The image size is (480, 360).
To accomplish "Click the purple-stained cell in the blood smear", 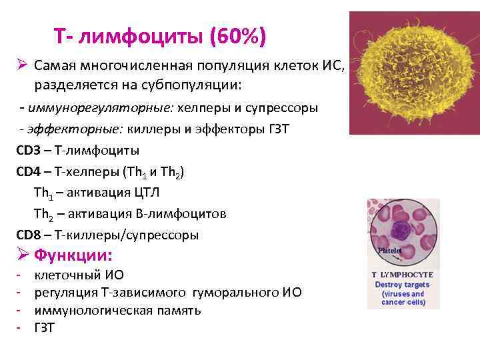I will tap(403, 232).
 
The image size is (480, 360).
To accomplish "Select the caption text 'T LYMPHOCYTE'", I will tap(402, 275).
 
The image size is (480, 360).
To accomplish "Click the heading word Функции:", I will tap(73, 255).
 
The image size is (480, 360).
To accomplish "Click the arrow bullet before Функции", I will tap(21, 255).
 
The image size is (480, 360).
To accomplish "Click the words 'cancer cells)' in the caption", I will tap(402, 302).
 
